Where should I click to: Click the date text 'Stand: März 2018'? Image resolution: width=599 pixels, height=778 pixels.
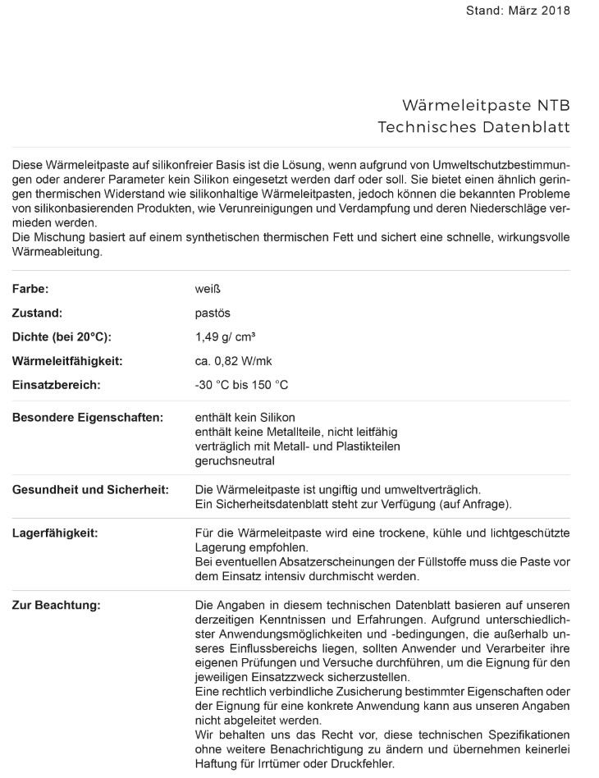click(517, 11)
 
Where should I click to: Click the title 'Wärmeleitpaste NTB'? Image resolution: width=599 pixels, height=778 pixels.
click(486, 105)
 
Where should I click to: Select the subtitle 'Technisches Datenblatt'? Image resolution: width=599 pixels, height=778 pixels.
click(473, 127)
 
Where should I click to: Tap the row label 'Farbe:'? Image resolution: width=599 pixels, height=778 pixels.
click(30, 289)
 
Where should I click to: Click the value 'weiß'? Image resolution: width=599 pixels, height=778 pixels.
click(208, 289)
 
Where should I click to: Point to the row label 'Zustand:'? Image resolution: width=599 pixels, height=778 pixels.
click(37, 313)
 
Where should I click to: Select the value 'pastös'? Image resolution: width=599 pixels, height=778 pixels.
click(213, 313)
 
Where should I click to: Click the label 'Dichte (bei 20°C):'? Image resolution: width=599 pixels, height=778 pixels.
click(62, 336)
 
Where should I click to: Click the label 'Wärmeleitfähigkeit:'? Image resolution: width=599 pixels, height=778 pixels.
click(67, 360)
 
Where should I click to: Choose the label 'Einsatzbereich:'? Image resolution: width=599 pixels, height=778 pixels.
click(57, 384)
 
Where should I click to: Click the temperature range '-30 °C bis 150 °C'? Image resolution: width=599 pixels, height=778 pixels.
click(241, 384)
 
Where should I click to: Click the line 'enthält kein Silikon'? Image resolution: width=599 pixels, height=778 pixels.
click(245, 417)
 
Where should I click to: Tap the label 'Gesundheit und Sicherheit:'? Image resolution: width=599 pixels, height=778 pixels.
click(90, 489)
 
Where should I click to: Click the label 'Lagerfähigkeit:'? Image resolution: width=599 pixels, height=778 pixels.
click(55, 533)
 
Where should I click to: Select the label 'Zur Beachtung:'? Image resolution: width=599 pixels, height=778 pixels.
click(56, 605)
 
